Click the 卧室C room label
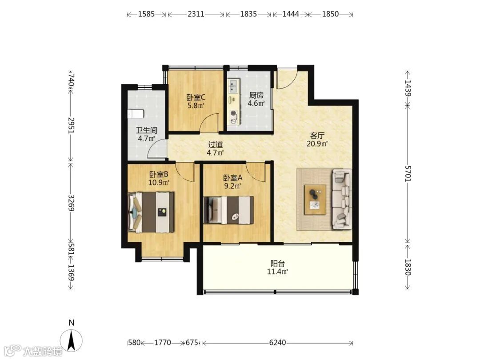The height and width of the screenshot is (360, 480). (196, 98)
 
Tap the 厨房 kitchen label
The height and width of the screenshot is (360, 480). (256, 95)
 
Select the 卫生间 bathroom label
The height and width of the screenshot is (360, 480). (147, 130)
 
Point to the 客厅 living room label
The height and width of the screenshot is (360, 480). (317, 135)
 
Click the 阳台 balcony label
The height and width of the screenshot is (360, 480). (278, 263)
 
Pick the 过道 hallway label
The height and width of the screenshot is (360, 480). (215, 144)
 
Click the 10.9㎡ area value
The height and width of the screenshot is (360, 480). (159, 183)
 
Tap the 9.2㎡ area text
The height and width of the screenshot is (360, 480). (232, 185)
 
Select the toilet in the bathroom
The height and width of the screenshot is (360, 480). (135, 114)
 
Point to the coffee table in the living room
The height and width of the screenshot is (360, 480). (315, 200)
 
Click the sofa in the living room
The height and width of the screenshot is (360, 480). (342, 199)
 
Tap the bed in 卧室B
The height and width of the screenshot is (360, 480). (151, 212)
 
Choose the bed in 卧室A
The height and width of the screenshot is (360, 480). (229, 210)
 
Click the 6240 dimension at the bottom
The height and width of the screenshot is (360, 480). (277, 342)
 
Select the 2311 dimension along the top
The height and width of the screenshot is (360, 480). (196, 14)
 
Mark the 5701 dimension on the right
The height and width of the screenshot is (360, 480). (408, 173)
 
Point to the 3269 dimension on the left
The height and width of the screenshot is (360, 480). (71, 203)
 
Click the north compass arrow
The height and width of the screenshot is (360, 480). (71, 341)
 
